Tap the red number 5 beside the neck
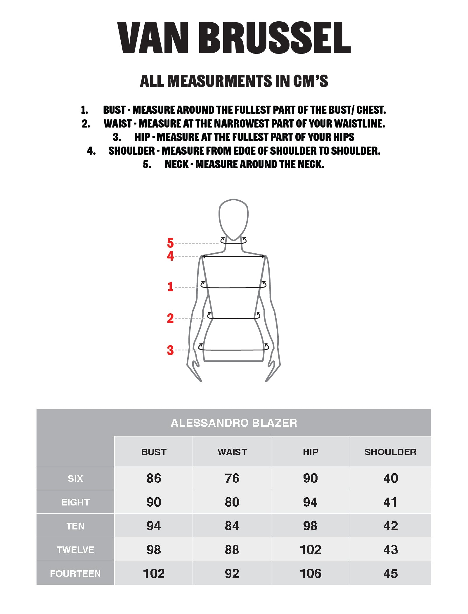pos(170,243)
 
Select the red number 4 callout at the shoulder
pos(170,256)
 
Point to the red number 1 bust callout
pos(170,287)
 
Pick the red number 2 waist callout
pos(170,318)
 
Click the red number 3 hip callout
pos(170,350)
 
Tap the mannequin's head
pos(233,219)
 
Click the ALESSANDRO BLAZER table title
pos(234,423)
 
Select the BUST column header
pos(154,452)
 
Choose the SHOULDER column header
pos(390,452)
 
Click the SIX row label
pos(75,478)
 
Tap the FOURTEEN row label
pos(75,573)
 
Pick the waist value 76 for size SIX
pos(232,478)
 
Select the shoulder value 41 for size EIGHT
pos(391,502)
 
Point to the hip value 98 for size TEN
pos(310,526)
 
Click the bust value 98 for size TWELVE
pos(154,550)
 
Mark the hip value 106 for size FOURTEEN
pos(310,573)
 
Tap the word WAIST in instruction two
pos(118,124)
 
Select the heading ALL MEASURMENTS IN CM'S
pos(234,81)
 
